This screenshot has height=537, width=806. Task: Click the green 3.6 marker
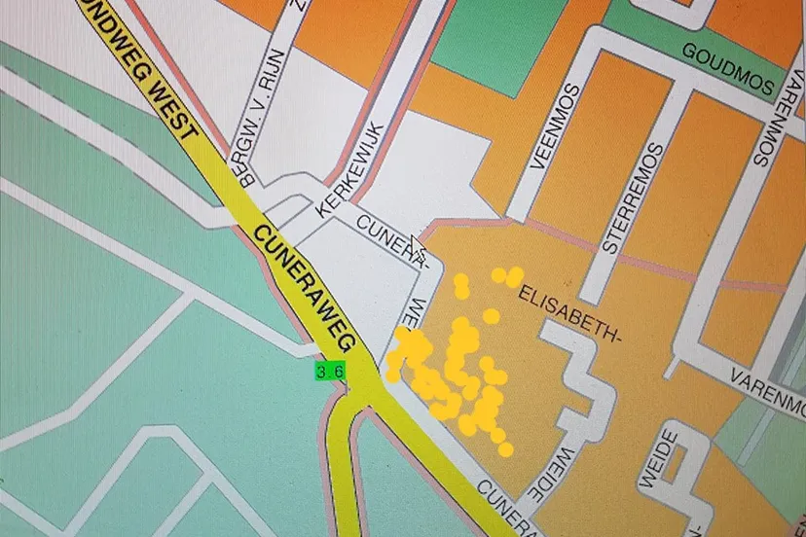tap(328, 371)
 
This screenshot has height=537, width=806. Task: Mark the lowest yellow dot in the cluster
tap(505, 448)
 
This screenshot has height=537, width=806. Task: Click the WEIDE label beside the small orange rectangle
tap(656, 457)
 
